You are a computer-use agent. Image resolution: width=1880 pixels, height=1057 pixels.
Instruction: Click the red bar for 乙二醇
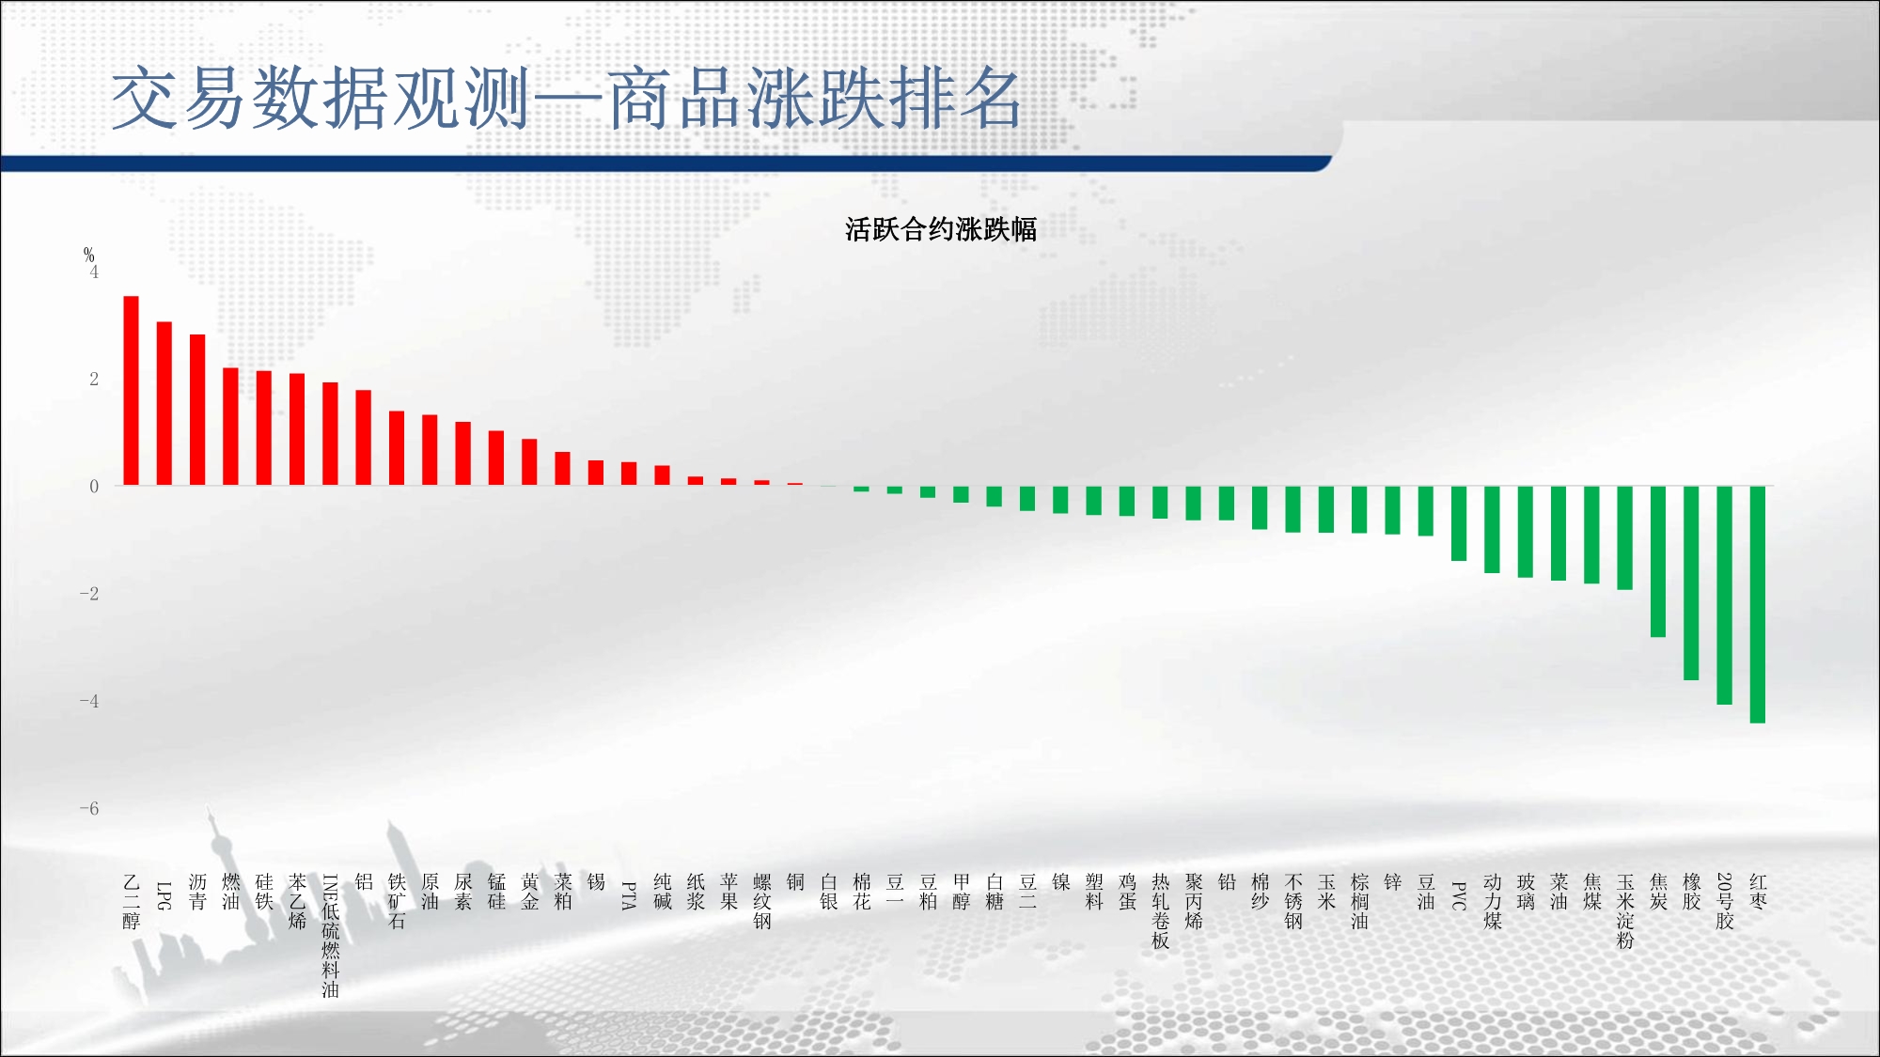pos(132,391)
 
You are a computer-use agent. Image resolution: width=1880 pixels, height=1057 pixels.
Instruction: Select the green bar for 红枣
pos(1758,604)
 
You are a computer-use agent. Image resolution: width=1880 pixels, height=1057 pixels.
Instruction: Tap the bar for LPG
pos(164,404)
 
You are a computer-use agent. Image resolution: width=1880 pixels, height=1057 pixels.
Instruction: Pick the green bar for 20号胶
pos(1724,595)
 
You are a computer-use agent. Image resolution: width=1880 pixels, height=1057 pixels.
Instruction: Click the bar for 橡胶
pos(1691,583)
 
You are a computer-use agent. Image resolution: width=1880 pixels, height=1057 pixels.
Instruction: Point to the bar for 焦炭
pos(1658,562)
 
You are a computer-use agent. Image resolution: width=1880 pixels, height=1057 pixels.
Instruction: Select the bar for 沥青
pos(197,410)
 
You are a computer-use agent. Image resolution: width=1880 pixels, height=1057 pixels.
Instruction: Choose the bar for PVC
pos(1459,523)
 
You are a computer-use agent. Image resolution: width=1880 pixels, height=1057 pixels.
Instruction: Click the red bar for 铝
pos(364,438)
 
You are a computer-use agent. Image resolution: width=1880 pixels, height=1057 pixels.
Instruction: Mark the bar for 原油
pos(430,450)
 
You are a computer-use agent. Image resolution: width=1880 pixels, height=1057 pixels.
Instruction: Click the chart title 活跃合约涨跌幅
pos(941,229)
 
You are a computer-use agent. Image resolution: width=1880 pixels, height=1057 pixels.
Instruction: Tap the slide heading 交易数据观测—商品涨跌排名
pos(566,99)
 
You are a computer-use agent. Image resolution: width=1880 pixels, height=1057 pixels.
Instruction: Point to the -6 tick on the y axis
pos(89,808)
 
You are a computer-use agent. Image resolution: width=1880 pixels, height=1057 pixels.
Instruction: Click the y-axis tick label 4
pos(94,272)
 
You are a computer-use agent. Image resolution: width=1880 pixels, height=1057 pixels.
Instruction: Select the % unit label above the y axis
pos(89,255)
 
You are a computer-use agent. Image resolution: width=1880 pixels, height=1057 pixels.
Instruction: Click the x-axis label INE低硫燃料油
pos(331,936)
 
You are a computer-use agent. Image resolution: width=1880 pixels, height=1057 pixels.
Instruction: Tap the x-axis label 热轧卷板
pos(1161,911)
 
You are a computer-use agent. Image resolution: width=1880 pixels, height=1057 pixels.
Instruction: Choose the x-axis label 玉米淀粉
pos(1625,911)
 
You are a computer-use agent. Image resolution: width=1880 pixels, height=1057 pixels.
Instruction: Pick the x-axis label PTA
pos(629,895)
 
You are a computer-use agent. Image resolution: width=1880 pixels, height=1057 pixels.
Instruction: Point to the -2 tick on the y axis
pos(89,594)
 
